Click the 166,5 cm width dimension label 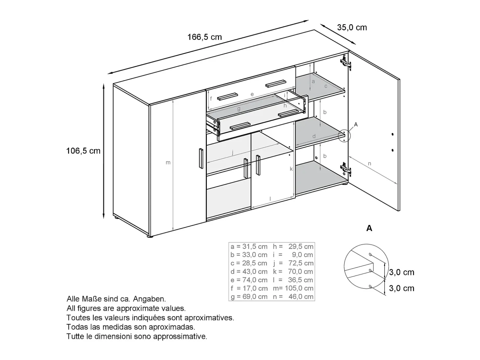coord(204,37)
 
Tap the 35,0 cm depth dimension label coord(352,28)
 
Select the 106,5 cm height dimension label coord(83,151)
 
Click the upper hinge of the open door coord(346,62)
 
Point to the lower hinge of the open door coord(346,169)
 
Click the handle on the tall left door coord(201,158)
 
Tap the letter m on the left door coord(168,163)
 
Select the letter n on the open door coord(370,163)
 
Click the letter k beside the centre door coord(291,169)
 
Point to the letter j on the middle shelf coord(233,152)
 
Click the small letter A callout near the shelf coord(356,124)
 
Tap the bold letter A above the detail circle coord(369,228)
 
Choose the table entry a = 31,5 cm coord(249,246)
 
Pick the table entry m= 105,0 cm coord(293,288)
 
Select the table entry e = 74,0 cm coord(249,280)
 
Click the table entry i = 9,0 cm coord(293,255)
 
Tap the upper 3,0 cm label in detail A coord(401,272)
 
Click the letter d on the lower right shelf coord(314,136)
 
